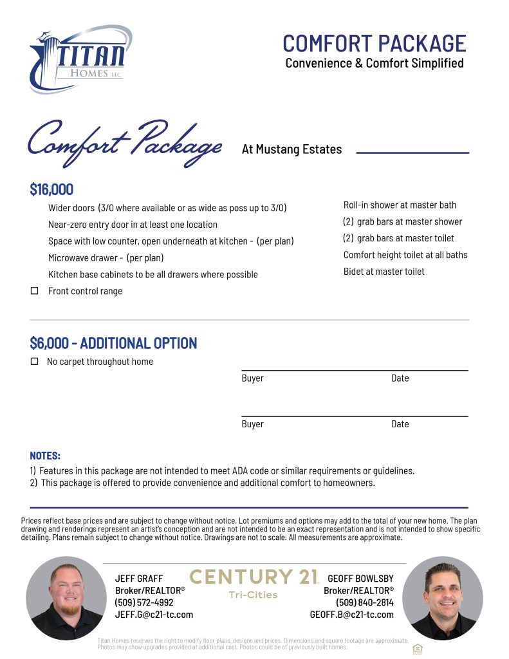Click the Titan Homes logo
(x=80, y=60)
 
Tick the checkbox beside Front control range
(x=35, y=291)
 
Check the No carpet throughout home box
(x=35, y=362)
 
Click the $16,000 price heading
(x=51, y=190)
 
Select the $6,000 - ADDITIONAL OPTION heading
(x=113, y=343)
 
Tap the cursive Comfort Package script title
(x=124, y=143)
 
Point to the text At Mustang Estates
(x=292, y=149)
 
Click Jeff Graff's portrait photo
(x=66, y=598)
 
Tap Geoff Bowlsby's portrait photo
(x=442, y=598)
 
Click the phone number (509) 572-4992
(x=143, y=602)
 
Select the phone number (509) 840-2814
(x=364, y=602)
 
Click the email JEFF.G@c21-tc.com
(x=154, y=615)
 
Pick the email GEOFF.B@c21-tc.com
(x=351, y=615)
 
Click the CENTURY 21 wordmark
(x=254, y=577)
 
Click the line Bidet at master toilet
(x=384, y=272)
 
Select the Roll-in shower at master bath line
(x=400, y=205)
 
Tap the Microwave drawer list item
(x=106, y=258)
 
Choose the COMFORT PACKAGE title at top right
(x=374, y=43)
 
